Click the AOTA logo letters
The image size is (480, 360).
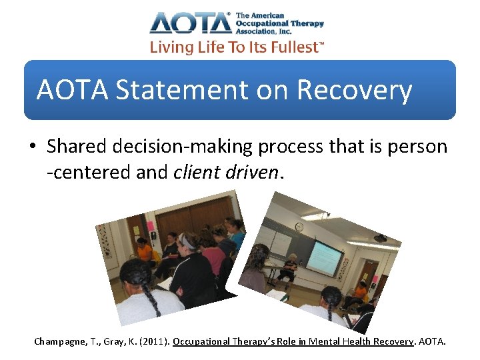[x=191, y=23]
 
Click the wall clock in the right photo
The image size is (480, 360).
[x=299, y=227]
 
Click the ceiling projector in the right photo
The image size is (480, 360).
[x=379, y=237]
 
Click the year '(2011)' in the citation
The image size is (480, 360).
[x=153, y=341]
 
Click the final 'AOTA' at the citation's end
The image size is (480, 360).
[x=433, y=341]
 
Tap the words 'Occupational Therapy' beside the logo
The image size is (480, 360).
[x=279, y=23]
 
